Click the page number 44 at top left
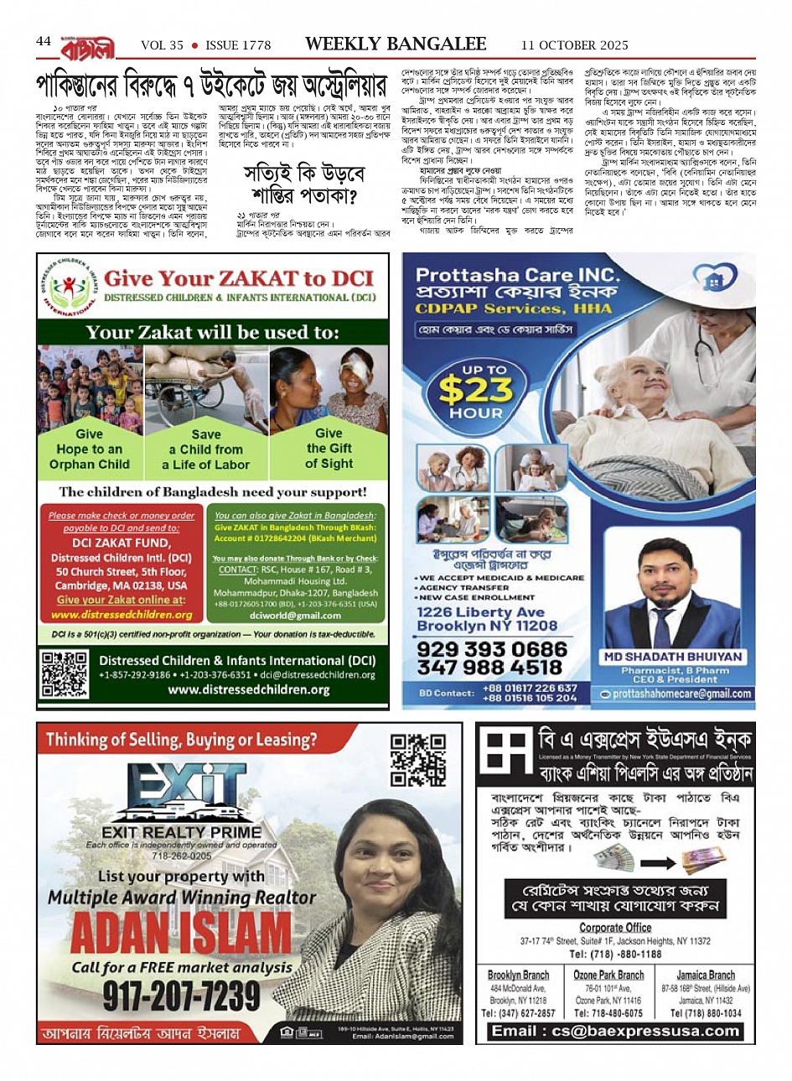click(44, 41)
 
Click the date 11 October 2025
click(574, 45)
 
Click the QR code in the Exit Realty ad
click(418, 759)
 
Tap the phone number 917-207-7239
click(182, 995)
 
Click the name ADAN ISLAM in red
click(181, 933)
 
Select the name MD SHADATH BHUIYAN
click(672, 656)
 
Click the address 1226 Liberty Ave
click(480, 612)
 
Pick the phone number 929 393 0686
click(491, 649)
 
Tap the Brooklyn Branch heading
click(518, 974)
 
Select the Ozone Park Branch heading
click(608, 974)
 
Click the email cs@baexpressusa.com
click(615, 1031)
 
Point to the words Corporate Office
click(615, 927)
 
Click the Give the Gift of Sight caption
click(329, 449)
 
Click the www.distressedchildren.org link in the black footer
click(248, 689)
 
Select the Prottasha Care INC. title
click(518, 275)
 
